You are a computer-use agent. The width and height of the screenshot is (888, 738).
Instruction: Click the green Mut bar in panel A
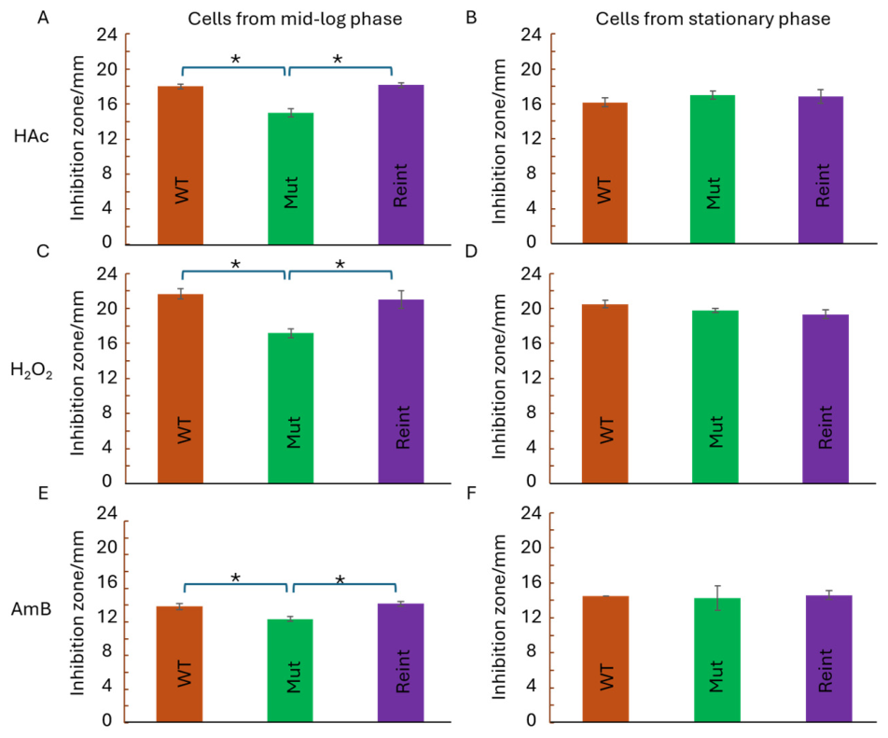click(x=290, y=178)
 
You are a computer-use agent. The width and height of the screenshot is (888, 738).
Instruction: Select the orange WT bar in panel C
click(x=180, y=388)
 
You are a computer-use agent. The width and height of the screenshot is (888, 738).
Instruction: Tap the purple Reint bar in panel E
click(x=400, y=662)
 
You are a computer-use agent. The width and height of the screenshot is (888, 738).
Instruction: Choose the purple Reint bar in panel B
click(x=821, y=170)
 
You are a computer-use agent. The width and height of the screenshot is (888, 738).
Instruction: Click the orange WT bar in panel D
click(x=604, y=394)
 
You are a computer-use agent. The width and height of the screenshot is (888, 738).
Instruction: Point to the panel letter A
click(x=43, y=18)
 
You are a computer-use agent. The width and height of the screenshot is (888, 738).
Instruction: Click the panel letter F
click(x=471, y=494)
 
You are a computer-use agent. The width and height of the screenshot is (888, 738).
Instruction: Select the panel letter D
click(x=471, y=251)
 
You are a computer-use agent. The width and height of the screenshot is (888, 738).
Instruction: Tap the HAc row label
click(x=31, y=136)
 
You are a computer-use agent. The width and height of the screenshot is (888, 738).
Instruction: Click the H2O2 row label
click(x=32, y=371)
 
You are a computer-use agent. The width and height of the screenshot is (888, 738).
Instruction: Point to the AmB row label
click(x=31, y=609)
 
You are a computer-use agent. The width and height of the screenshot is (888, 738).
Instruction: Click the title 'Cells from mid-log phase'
click(x=295, y=19)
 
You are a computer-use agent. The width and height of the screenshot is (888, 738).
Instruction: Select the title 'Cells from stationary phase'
click(x=713, y=19)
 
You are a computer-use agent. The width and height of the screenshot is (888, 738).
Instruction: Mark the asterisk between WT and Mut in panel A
click(x=236, y=59)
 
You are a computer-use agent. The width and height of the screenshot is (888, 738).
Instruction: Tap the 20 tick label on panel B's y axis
click(x=531, y=69)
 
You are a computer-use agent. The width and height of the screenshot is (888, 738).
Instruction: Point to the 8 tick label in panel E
click(x=107, y=651)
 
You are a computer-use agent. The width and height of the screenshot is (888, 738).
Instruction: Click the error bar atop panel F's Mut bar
click(x=717, y=598)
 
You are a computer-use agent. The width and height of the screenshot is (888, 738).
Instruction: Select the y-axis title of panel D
click(x=498, y=376)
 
